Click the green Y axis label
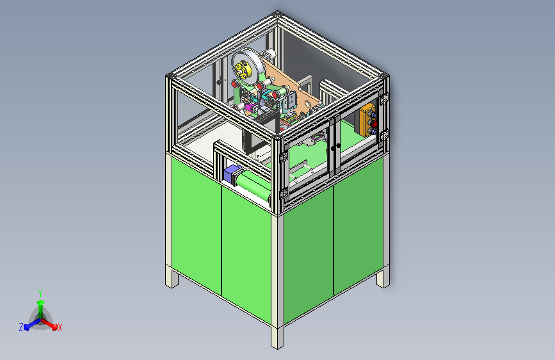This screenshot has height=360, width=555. tap(40, 293)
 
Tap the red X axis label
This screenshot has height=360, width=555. tap(60, 327)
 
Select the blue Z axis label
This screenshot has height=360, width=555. tap(21, 327)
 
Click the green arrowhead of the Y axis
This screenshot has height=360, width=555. tap(41, 302)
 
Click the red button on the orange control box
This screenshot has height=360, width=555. tap(373, 123)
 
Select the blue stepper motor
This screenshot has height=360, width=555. tap(232, 174)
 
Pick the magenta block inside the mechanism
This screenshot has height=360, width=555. tap(250, 107)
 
